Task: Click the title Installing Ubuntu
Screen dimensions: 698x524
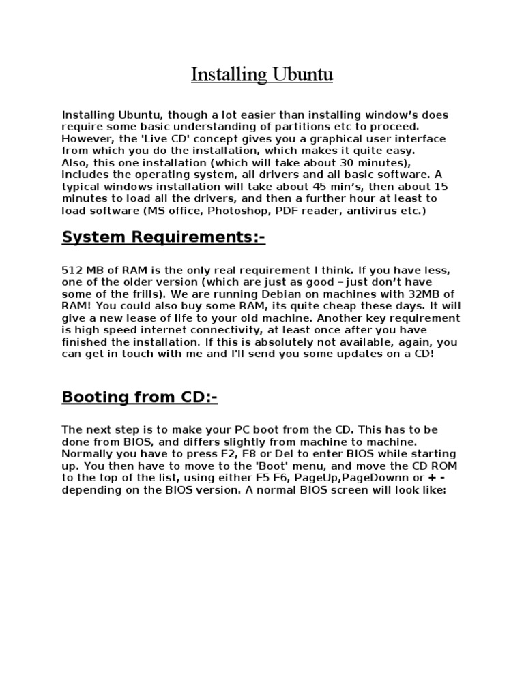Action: tap(262, 74)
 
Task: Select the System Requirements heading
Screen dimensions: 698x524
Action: tap(163, 237)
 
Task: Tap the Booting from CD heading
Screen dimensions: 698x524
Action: tap(139, 397)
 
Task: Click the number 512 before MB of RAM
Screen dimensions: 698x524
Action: tap(72, 270)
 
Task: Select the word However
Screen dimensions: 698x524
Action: tap(86, 138)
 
